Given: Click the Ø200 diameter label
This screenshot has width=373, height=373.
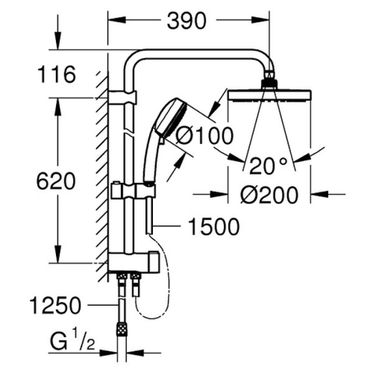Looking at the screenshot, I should click(x=269, y=195).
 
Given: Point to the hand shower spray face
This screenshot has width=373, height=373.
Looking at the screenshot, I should click(x=175, y=118).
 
